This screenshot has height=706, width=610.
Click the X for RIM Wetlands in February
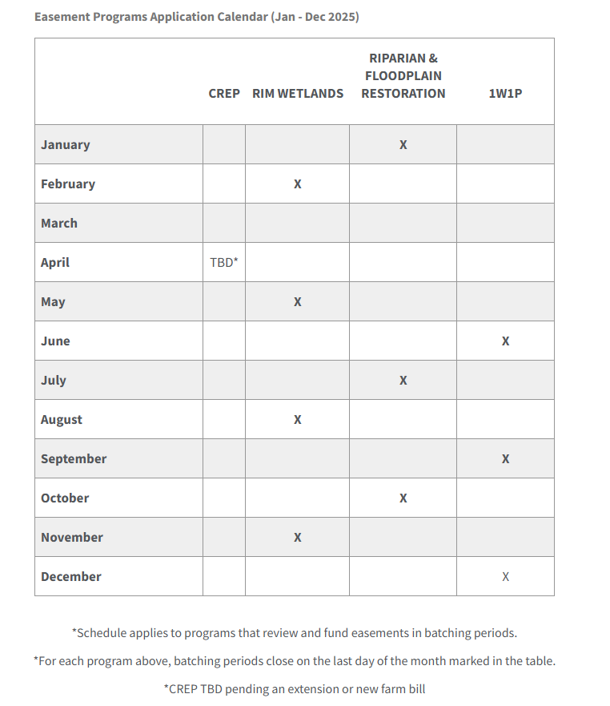[297, 184]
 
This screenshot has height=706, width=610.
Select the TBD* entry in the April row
[224, 263]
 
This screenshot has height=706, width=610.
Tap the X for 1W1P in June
[505, 341]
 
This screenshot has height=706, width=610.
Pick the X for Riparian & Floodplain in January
[403, 145]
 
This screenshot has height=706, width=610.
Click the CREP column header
[224, 94]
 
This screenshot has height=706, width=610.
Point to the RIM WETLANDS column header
[298, 94]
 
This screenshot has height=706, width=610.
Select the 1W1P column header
[505, 94]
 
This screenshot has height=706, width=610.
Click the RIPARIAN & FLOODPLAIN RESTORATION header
[403, 76]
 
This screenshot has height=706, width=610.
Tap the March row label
[59, 224]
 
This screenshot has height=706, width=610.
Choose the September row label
[74, 459]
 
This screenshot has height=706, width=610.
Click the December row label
[71, 577]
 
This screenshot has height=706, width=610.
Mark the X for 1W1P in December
[505, 577]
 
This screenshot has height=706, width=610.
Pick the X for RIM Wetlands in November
[297, 538]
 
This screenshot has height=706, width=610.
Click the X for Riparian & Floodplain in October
[403, 498]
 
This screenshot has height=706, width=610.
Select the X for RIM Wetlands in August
[297, 420]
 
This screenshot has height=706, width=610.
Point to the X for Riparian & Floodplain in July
[403, 381]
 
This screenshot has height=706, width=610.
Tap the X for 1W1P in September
[505, 459]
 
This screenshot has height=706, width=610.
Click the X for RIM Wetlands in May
[297, 302]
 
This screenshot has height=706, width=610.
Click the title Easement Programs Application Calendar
[197, 17]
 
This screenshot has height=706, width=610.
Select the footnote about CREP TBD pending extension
[295, 688]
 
